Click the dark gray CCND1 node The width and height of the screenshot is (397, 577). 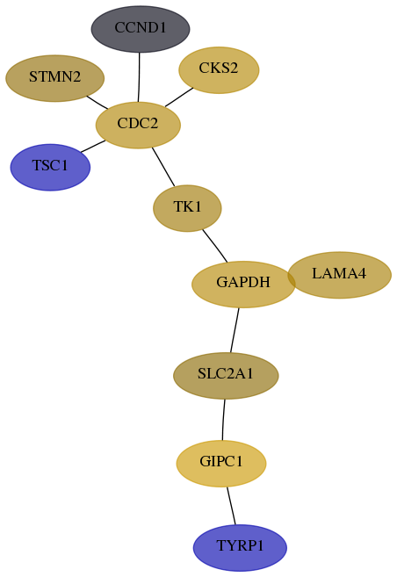141,29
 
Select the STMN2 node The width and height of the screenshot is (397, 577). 54,78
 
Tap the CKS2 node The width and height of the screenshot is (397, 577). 219,70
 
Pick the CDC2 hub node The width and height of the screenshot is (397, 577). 138,125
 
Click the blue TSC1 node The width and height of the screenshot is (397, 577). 50,167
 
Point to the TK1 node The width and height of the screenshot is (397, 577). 187,208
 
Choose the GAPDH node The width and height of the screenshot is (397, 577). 243,284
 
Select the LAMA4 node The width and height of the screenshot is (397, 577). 339,275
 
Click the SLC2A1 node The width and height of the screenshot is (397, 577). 226,375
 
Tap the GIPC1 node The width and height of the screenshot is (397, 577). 221,464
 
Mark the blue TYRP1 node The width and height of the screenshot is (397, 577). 240,547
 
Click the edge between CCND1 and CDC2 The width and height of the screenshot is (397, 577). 139,77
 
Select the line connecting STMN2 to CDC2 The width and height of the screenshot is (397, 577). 97,102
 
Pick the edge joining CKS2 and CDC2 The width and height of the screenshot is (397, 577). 179,97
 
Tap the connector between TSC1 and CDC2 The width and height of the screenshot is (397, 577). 93,146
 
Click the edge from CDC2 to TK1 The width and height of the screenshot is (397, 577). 163,167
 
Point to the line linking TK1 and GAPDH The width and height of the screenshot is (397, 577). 215,246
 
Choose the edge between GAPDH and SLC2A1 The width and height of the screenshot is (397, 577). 235,330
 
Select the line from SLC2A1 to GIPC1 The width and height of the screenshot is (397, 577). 223,420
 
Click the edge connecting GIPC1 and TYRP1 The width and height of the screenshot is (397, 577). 231,506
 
